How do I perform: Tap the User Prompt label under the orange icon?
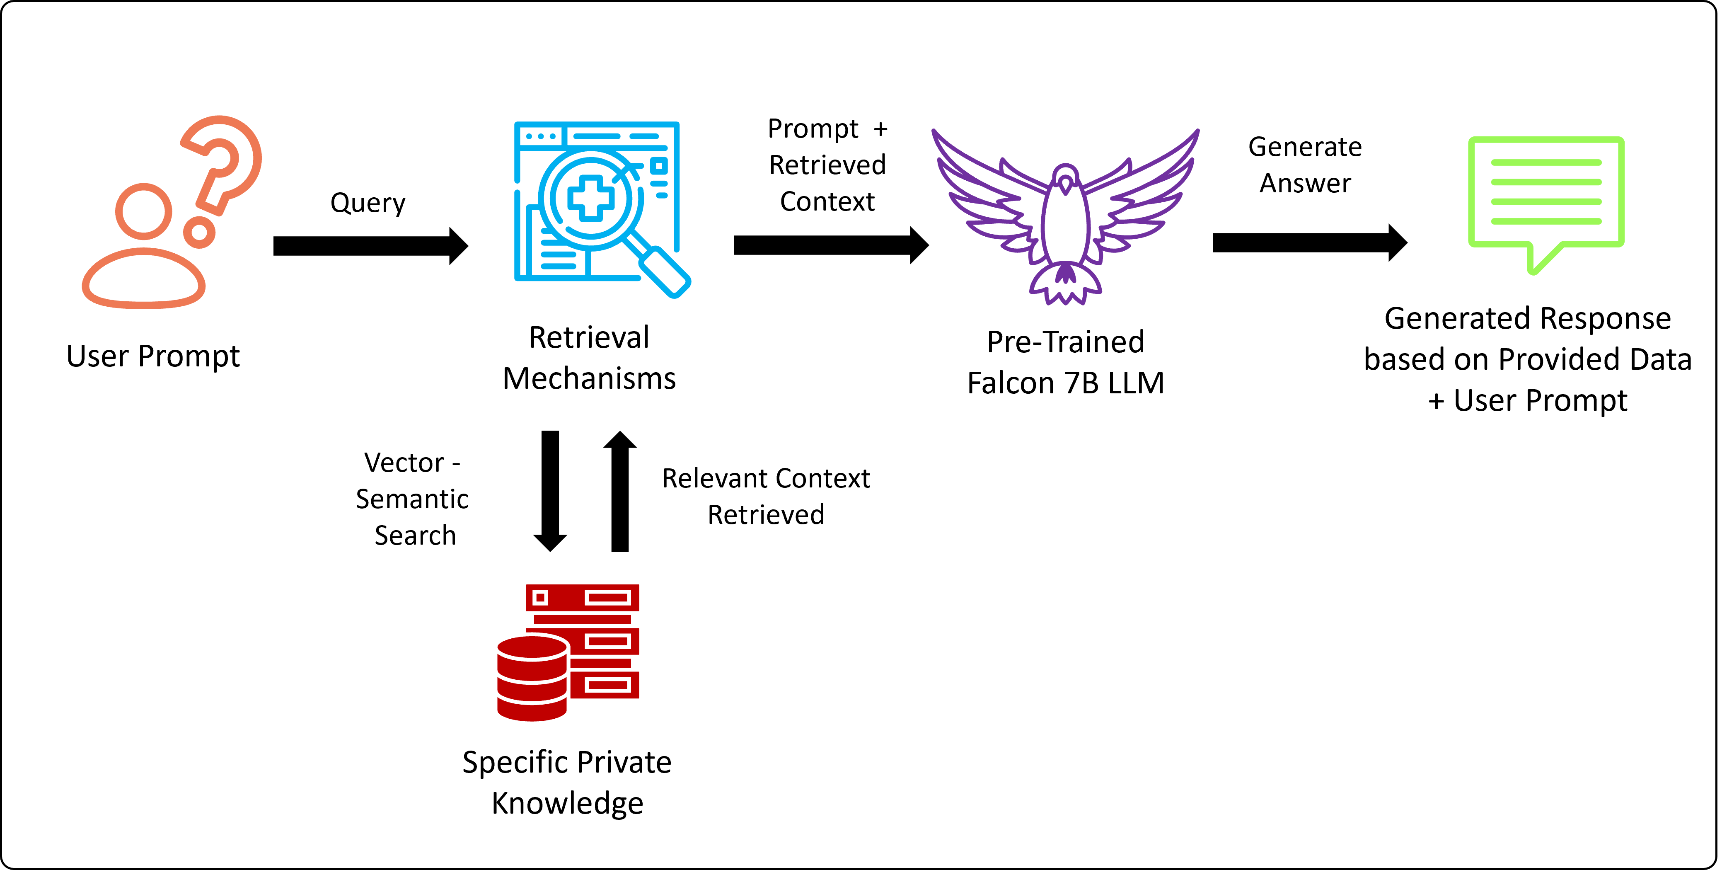pyautogui.click(x=153, y=356)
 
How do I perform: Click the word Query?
pyautogui.click(x=368, y=203)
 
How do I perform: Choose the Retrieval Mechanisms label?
pyautogui.click(x=589, y=358)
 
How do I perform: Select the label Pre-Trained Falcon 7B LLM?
pyautogui.click(x=1066, y=362)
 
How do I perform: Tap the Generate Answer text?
pyautogui.click(x=1305, y=165)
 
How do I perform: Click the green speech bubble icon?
pyautogui.click(x=1545, y=197)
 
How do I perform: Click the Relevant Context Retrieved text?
pyautogui.click(x=766, y=496)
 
